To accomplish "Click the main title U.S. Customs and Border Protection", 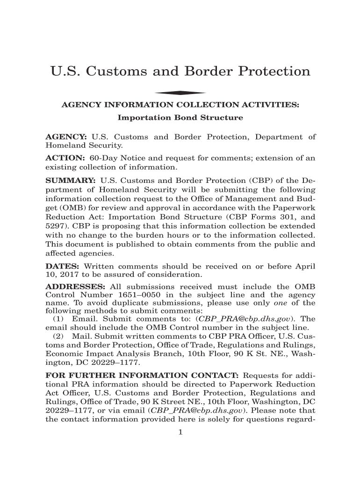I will [180, 72].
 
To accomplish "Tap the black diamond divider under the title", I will [180, 93].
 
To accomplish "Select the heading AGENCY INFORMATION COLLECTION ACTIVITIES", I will [180, 106].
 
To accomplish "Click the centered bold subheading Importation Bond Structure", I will [180, 118].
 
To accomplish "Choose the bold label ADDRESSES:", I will [73, 287].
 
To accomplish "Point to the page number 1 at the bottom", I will [180, 432].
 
